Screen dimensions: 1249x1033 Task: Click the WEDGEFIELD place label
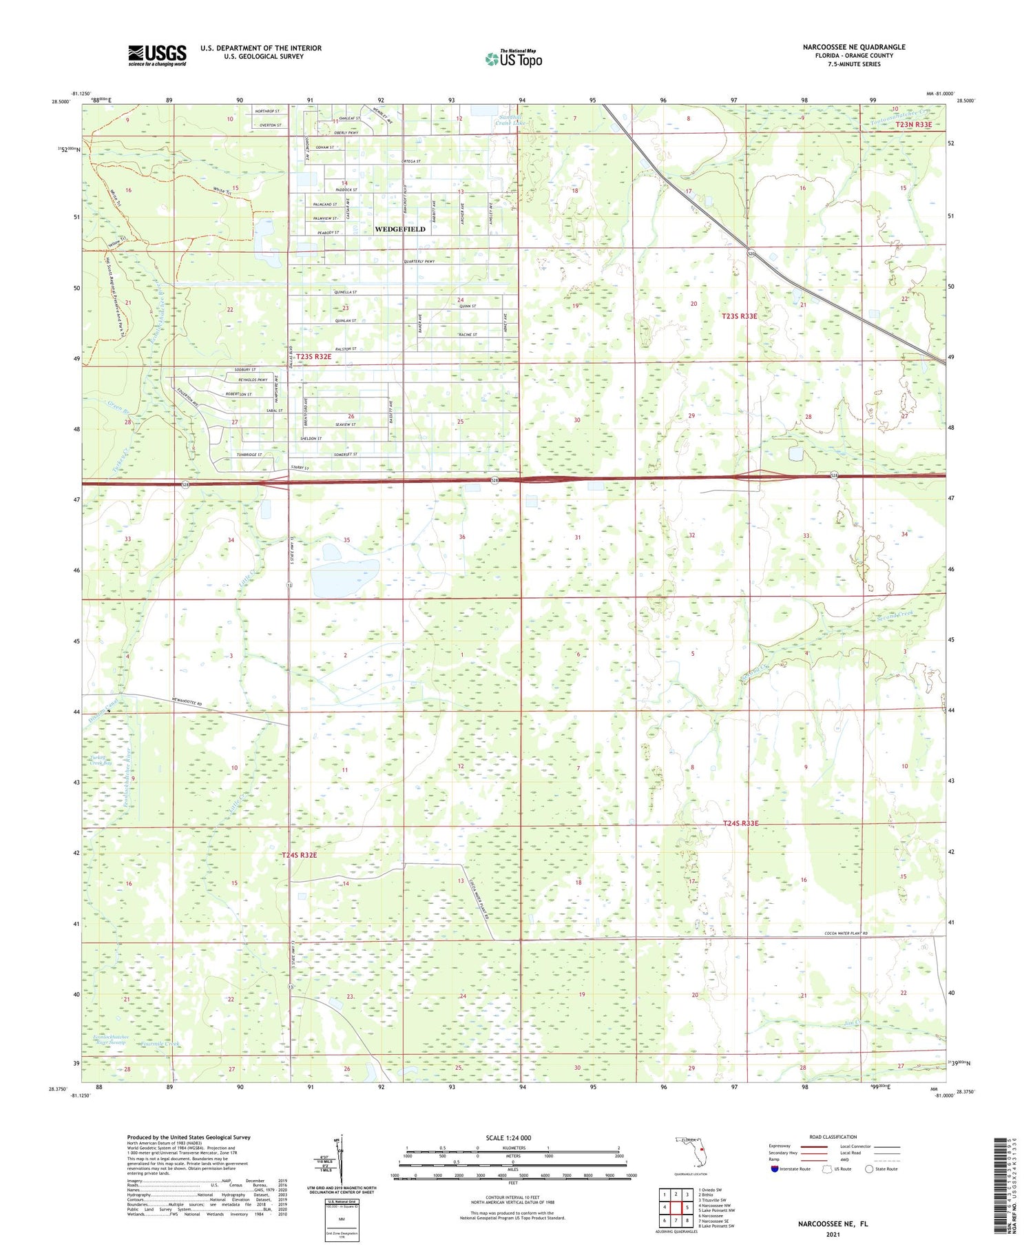399,229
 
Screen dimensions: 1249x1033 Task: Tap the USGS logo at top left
157,55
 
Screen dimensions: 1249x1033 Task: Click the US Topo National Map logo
513,59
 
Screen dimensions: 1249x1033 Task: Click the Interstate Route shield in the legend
775,1169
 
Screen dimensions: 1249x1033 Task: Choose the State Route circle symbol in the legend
869,1169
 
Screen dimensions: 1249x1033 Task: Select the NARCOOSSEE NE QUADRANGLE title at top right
854,47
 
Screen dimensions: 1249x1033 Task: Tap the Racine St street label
468,335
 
